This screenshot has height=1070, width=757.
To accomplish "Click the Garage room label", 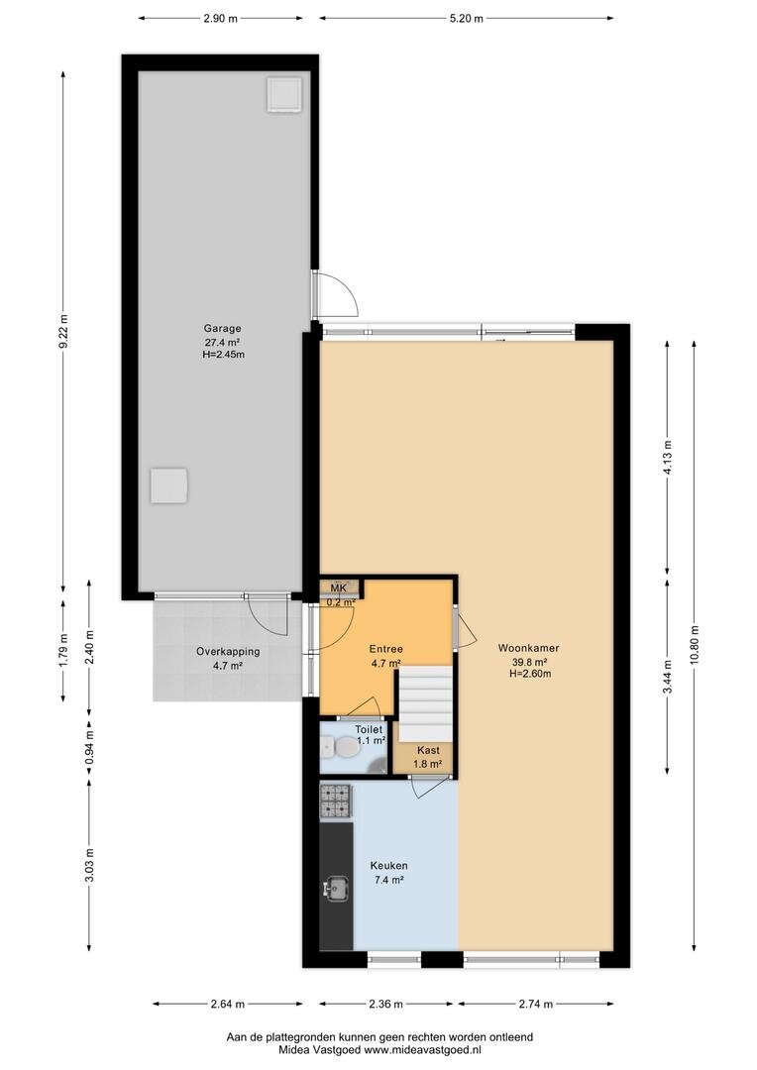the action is [x=223, y=328].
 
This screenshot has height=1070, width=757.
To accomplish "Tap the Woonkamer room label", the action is [x=528, y=648].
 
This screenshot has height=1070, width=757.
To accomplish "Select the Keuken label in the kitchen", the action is [x=389, y=866].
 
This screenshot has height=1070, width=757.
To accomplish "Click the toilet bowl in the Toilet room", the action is [x=343, y=749].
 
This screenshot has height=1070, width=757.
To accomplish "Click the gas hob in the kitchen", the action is [x=335, y=801].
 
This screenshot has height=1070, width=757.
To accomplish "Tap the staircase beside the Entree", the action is [x=426, y=703].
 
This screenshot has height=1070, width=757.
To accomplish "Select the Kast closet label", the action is [x=428, y=751].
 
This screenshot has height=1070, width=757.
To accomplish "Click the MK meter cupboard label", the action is [x=339, y=588].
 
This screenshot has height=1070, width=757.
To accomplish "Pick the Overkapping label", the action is [x=228, y=652].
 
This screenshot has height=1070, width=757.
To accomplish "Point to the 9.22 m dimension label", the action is [x=63, y=330].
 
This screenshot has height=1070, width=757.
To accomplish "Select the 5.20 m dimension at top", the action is [x=467, y=19].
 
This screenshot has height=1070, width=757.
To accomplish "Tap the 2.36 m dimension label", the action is [x=385, y=1004].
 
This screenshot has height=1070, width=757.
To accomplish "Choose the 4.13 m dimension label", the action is [x=668, y=453].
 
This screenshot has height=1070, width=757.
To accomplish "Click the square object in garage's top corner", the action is [x=284, y=94].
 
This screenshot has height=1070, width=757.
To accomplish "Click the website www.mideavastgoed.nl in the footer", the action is [x=422, y=1050].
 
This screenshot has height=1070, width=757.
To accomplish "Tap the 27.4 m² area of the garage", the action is [x=223, y=342].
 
